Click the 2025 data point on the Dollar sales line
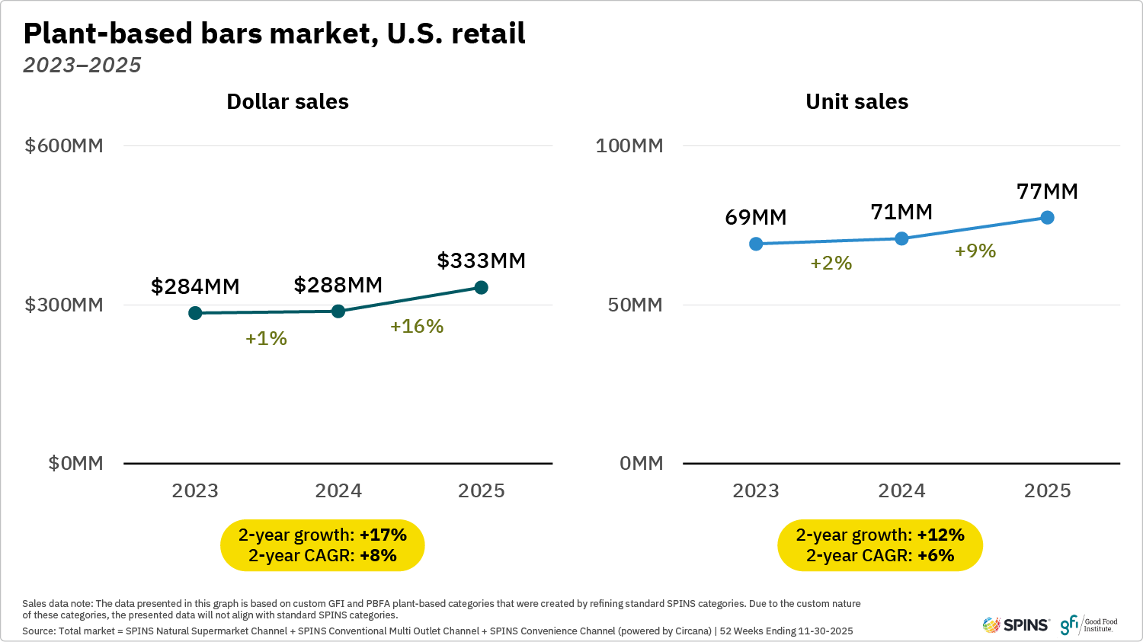(482, 287)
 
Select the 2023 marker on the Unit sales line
(756, 244)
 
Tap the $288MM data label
(338, 285)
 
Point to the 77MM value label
(1047, 191)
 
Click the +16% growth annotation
(417, 326)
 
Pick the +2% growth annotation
(831, 263)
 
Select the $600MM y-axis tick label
(64, 145)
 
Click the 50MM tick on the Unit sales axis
(635, 305)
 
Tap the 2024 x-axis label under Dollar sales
(338, 490)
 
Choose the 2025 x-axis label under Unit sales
(1047, 490)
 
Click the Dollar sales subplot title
(287, 101)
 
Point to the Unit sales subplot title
(856, 101)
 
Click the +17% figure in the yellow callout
(383, 535)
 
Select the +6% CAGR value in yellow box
(936, 555)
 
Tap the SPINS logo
(1016, 625)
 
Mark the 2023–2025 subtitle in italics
(82, 65)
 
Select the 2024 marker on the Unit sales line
(901, 238)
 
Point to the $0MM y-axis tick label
(75, 463)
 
